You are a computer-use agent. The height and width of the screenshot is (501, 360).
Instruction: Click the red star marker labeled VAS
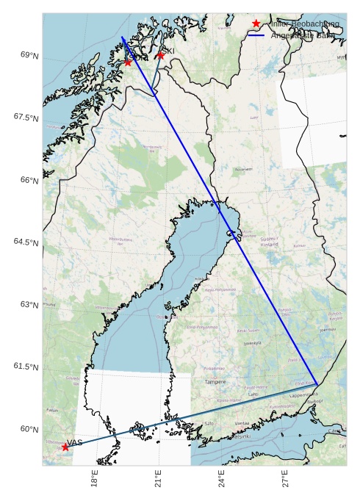pyautogui.click(x=65, y=447)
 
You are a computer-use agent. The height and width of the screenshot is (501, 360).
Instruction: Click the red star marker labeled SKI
pyautogui.click(x=160, y=55)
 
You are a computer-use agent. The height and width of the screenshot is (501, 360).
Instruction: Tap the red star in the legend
pyautogui.click(x=256, y=24)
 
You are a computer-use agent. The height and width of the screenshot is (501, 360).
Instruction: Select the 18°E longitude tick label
pyautogui.click(x=94, y=478)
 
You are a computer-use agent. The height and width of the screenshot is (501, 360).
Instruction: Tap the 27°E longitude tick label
pyautogui.click(x=285, y=478)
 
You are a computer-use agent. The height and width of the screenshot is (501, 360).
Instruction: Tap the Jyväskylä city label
pyautogui.click(x=252, y=343)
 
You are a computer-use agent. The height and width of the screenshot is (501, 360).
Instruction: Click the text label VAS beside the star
pyautogui.click(x=75, y=442)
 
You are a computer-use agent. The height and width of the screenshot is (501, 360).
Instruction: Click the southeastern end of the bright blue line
pyautogui.click(x=317, y=384)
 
